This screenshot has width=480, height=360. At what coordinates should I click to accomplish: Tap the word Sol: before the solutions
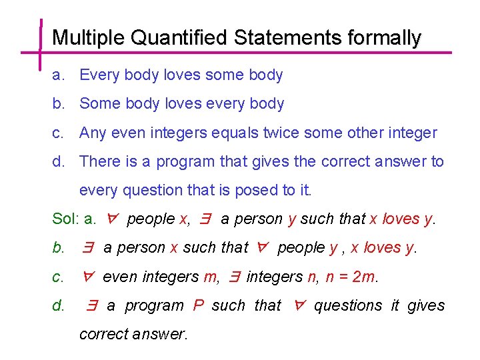[x=65, y=219]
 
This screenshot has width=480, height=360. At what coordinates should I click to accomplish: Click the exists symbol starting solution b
[x=87, y=248]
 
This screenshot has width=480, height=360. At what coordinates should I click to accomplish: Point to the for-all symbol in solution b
[x=263, y=248]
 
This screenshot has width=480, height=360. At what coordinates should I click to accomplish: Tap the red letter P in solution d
[x=198, y=305]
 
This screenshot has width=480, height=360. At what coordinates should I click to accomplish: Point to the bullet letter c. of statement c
[x=58, y=133]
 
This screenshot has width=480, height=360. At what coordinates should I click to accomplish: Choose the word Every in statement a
[x=99, y=75]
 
